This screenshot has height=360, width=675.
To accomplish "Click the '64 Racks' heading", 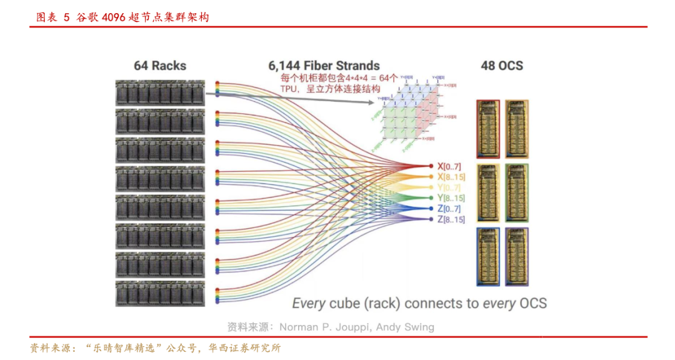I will (x=160, y=66).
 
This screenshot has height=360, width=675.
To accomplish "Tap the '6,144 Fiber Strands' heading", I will (x=324, y=66).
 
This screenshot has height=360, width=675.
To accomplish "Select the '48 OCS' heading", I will (x=502, y=66).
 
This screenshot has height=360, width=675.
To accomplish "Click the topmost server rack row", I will (x=160, y=92).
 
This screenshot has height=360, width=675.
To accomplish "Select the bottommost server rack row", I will (x=160, y=293).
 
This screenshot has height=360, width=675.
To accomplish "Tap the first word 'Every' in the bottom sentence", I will (x=309, y=304).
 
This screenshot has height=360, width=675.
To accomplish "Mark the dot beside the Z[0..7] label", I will (x=431, y=209).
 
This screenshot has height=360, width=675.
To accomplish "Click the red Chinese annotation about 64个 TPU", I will (x=337, y=83).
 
